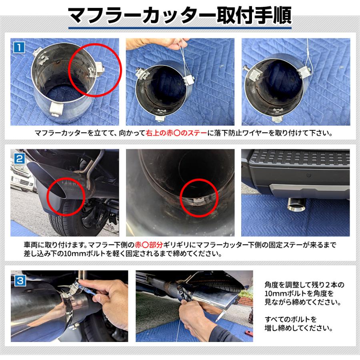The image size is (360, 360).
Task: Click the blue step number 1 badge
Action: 19,48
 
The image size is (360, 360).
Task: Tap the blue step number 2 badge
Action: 19,158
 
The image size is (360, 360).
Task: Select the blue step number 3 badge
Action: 20,280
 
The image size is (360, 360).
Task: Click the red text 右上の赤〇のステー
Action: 176,133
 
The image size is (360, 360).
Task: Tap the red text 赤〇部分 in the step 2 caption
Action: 149,245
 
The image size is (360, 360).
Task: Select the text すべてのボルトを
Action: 291,319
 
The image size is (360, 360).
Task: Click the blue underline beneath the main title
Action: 180,28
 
